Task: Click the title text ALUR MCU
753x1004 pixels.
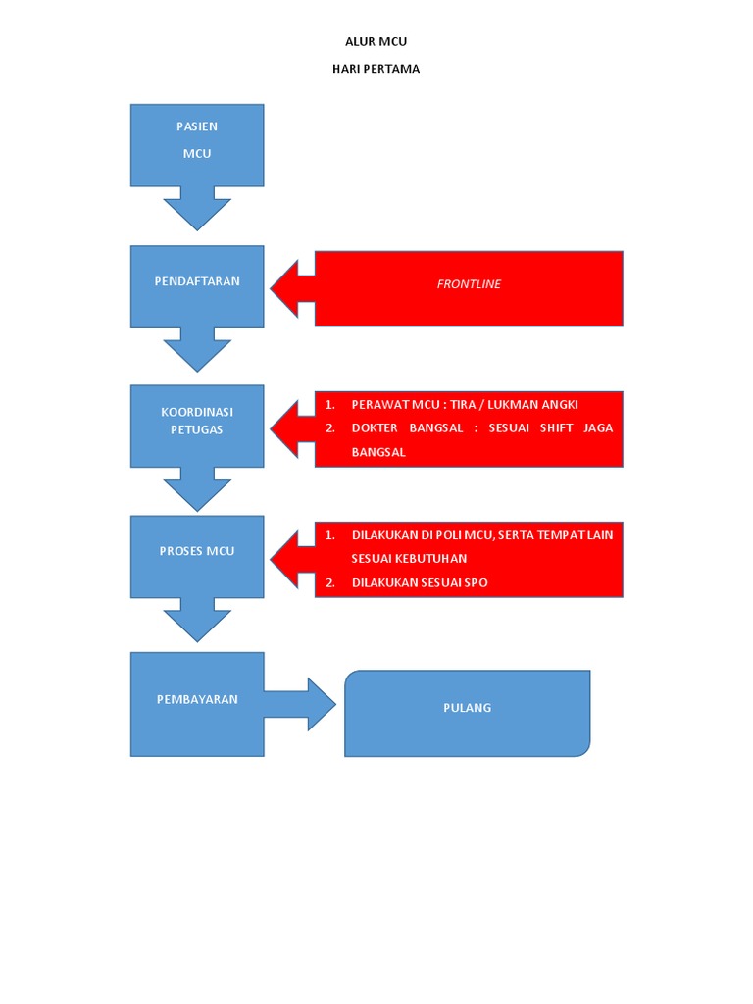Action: pos(376,41)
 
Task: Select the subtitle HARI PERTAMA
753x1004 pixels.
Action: pos(376,69)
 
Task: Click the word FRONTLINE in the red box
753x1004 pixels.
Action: pos(468,284)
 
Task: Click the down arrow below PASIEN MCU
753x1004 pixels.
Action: pos(197,210)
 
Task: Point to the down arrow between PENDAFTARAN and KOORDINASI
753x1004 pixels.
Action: pos(197,352)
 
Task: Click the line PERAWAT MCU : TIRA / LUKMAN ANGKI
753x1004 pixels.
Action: pos(465,405)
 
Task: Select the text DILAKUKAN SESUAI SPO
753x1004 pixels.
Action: pos(420,583)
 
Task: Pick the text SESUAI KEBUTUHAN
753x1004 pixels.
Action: pos(409,559)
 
